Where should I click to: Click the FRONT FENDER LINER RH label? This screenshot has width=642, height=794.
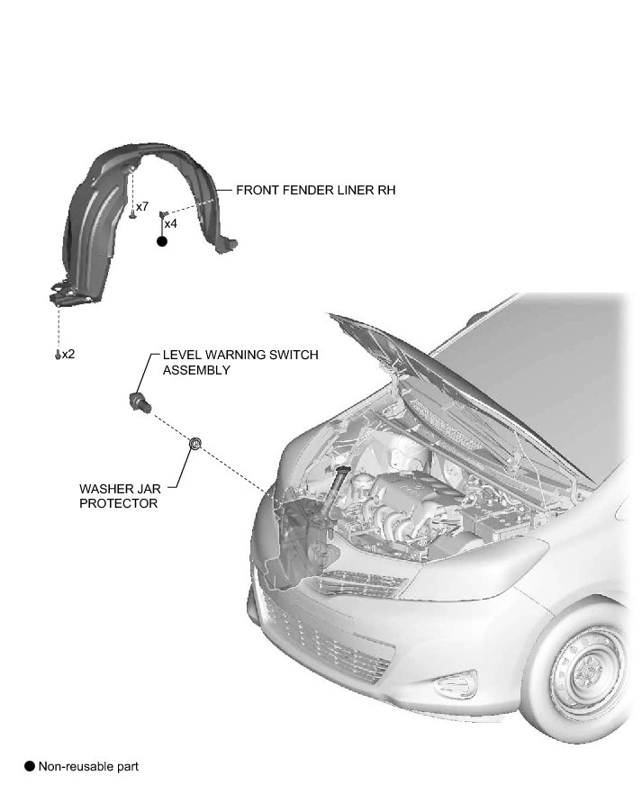point(315,191)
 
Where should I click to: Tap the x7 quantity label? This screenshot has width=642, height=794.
point(142,207)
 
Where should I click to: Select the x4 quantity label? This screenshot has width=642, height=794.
point(170,223)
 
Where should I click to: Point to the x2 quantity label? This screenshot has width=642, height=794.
point(68,354)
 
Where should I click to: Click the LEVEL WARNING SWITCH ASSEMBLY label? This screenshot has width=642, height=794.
point(240,363)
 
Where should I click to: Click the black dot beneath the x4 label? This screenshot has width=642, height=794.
point(162,241)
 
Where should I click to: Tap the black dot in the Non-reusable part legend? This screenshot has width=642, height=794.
point(30,766)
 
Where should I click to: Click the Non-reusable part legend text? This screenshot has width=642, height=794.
point(88,766)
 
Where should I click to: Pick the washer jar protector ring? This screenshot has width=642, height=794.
point(194,442)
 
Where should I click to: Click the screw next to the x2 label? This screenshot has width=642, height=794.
point(58,355)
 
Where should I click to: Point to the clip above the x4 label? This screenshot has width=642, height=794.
point(162,214)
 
